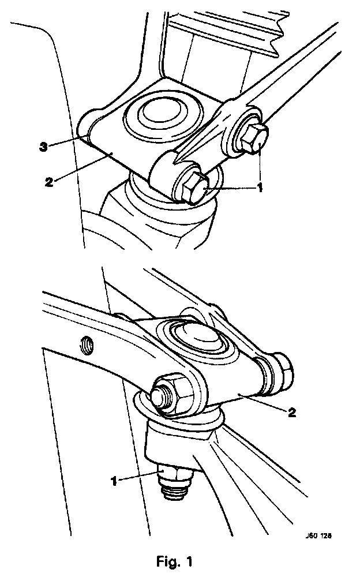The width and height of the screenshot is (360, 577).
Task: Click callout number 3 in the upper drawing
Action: (43, 148)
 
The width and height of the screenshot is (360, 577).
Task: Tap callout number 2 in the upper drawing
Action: (49, 182)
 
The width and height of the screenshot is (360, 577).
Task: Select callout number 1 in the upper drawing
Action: (260, 188)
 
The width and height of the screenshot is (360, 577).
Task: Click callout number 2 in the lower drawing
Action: (291, 413)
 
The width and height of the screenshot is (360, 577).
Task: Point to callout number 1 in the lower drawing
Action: (114, 481)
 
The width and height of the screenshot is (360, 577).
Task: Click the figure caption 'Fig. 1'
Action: (174, 561)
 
